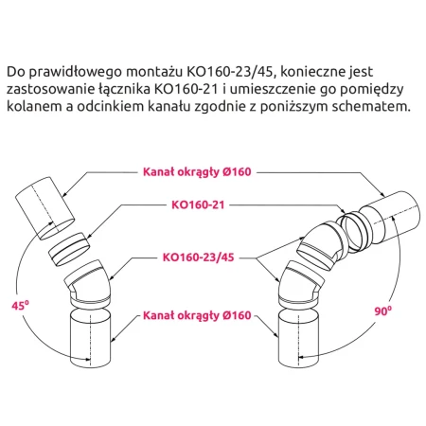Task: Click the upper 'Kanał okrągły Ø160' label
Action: [197, 172]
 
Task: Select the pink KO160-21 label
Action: [198, 204]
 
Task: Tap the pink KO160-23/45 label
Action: [198, 257]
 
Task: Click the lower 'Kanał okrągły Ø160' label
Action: [197, 315]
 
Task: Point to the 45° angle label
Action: [20, 305]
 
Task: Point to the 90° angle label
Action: [383, 311]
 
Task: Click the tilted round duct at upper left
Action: [44, 208]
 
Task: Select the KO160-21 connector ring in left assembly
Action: [69, 249]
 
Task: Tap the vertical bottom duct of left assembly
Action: [90, 338]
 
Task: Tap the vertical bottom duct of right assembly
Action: [298, 338]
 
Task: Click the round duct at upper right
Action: [390, 217]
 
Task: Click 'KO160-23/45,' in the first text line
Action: [232, 72]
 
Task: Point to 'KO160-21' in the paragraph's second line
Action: [186, 89]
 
